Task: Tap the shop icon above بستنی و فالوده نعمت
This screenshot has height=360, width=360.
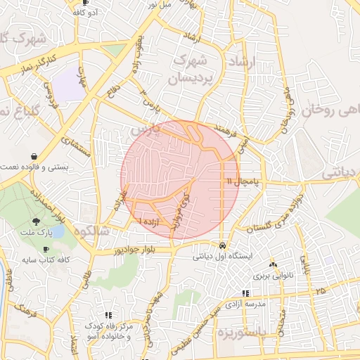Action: [34, 155]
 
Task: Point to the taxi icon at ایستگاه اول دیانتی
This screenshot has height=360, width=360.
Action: [223, 246]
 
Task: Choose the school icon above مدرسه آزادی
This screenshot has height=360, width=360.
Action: [245, 293]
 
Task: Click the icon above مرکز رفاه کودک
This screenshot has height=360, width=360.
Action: [108, 316]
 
